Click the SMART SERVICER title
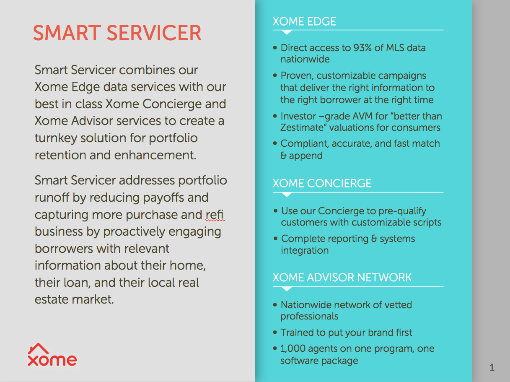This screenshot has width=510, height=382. (117, 33)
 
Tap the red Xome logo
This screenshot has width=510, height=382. (52, 355)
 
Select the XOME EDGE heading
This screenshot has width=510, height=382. (304, 21)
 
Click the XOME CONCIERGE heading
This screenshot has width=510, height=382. (322, 183)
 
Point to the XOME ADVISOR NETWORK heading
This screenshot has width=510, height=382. (342, 277)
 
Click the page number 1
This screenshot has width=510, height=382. (492, 368)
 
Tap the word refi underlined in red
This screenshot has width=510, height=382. (214, 214)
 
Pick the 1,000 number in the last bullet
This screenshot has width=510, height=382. (293, 348)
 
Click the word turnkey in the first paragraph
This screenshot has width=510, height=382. (56, 138)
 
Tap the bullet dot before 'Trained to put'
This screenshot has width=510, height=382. (275, 332)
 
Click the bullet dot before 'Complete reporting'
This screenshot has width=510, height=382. (276, 238)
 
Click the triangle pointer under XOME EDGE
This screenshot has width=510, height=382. (287, 32)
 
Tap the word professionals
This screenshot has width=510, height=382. (309, 317)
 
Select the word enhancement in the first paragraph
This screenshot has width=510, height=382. (155, 155)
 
